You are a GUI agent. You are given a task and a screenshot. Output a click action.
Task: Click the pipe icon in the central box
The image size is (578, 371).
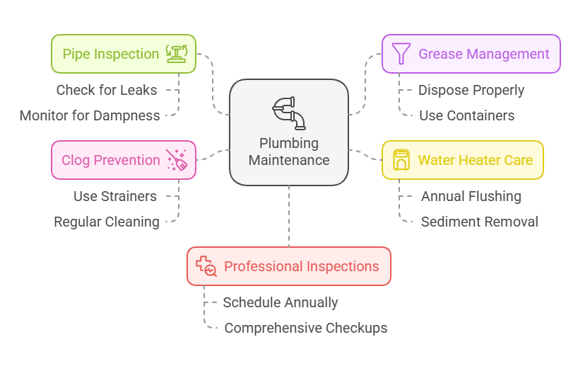289,113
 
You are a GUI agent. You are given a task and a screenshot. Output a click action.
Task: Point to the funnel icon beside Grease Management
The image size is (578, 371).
401,54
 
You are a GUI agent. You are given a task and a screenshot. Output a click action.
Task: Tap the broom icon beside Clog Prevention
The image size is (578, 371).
176,160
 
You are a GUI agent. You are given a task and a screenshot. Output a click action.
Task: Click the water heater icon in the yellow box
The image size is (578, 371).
401,159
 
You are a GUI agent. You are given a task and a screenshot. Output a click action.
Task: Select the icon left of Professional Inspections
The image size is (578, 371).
206,266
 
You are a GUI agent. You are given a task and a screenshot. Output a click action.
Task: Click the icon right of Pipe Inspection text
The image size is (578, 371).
176,54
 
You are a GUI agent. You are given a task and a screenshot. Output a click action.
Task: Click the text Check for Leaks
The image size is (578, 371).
107,90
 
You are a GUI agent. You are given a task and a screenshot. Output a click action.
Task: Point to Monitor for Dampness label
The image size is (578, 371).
90,115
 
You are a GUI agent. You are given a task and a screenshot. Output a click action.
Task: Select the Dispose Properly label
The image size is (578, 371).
471,90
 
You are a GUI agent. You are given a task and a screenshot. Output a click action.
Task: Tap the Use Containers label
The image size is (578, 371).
466,115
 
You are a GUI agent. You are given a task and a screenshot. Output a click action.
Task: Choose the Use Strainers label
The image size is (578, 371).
115,196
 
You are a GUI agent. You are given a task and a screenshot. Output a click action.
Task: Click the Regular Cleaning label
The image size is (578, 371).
107,222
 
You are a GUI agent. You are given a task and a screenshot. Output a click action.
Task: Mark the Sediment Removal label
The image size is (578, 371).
480,222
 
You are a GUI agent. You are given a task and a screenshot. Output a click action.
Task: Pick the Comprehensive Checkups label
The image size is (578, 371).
306,328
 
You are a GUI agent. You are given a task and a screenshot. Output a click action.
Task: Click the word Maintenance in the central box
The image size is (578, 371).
289,160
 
